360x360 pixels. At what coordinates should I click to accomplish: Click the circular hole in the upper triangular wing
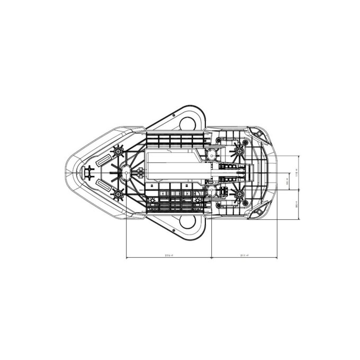pyautogui.click(x=188, y=123)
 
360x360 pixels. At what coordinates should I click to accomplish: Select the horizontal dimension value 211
pyautogui.click(x=244, y=255)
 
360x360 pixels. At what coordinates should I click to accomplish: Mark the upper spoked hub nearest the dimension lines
pyautogui.click(x=239, y=151)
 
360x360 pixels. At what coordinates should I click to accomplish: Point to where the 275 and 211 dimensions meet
pyautogui.click(x=211, y=258)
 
